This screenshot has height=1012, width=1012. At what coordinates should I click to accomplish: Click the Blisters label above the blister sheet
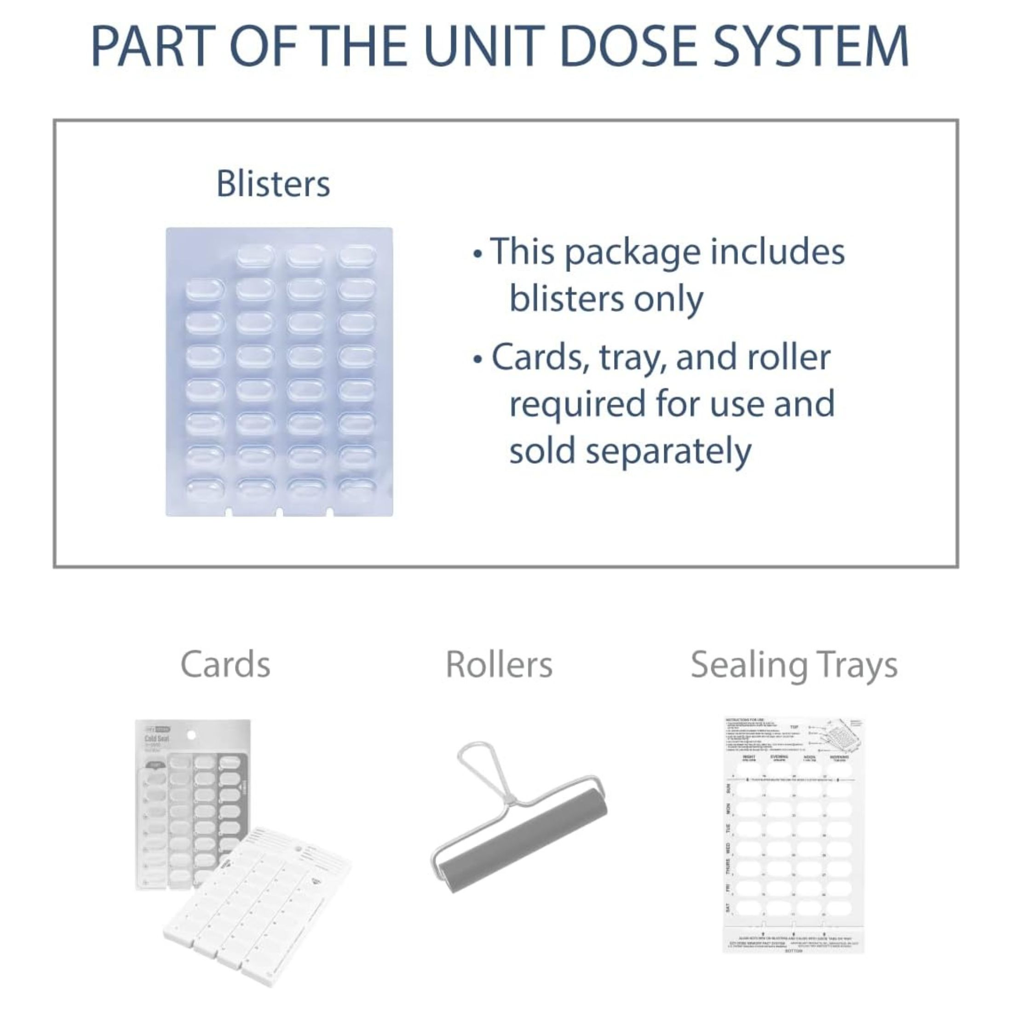(x=273, y=184)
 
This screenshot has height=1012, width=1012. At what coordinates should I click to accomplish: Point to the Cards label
(x=225, y=665)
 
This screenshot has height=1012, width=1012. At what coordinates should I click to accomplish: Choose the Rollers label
(x=499, y=665)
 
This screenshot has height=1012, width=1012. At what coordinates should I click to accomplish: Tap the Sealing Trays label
(x=794, y=665)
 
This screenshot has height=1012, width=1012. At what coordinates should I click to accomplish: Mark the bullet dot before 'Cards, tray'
(x=477, y=360)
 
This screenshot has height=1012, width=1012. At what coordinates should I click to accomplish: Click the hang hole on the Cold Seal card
(x=192, y=736)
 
